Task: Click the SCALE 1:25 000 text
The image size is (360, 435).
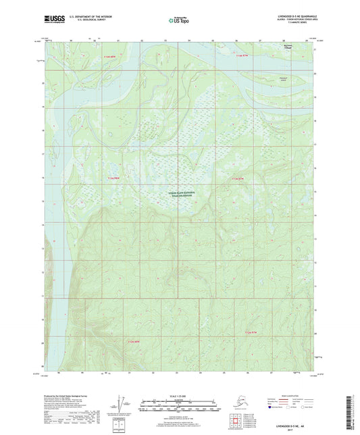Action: coord(180,395)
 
